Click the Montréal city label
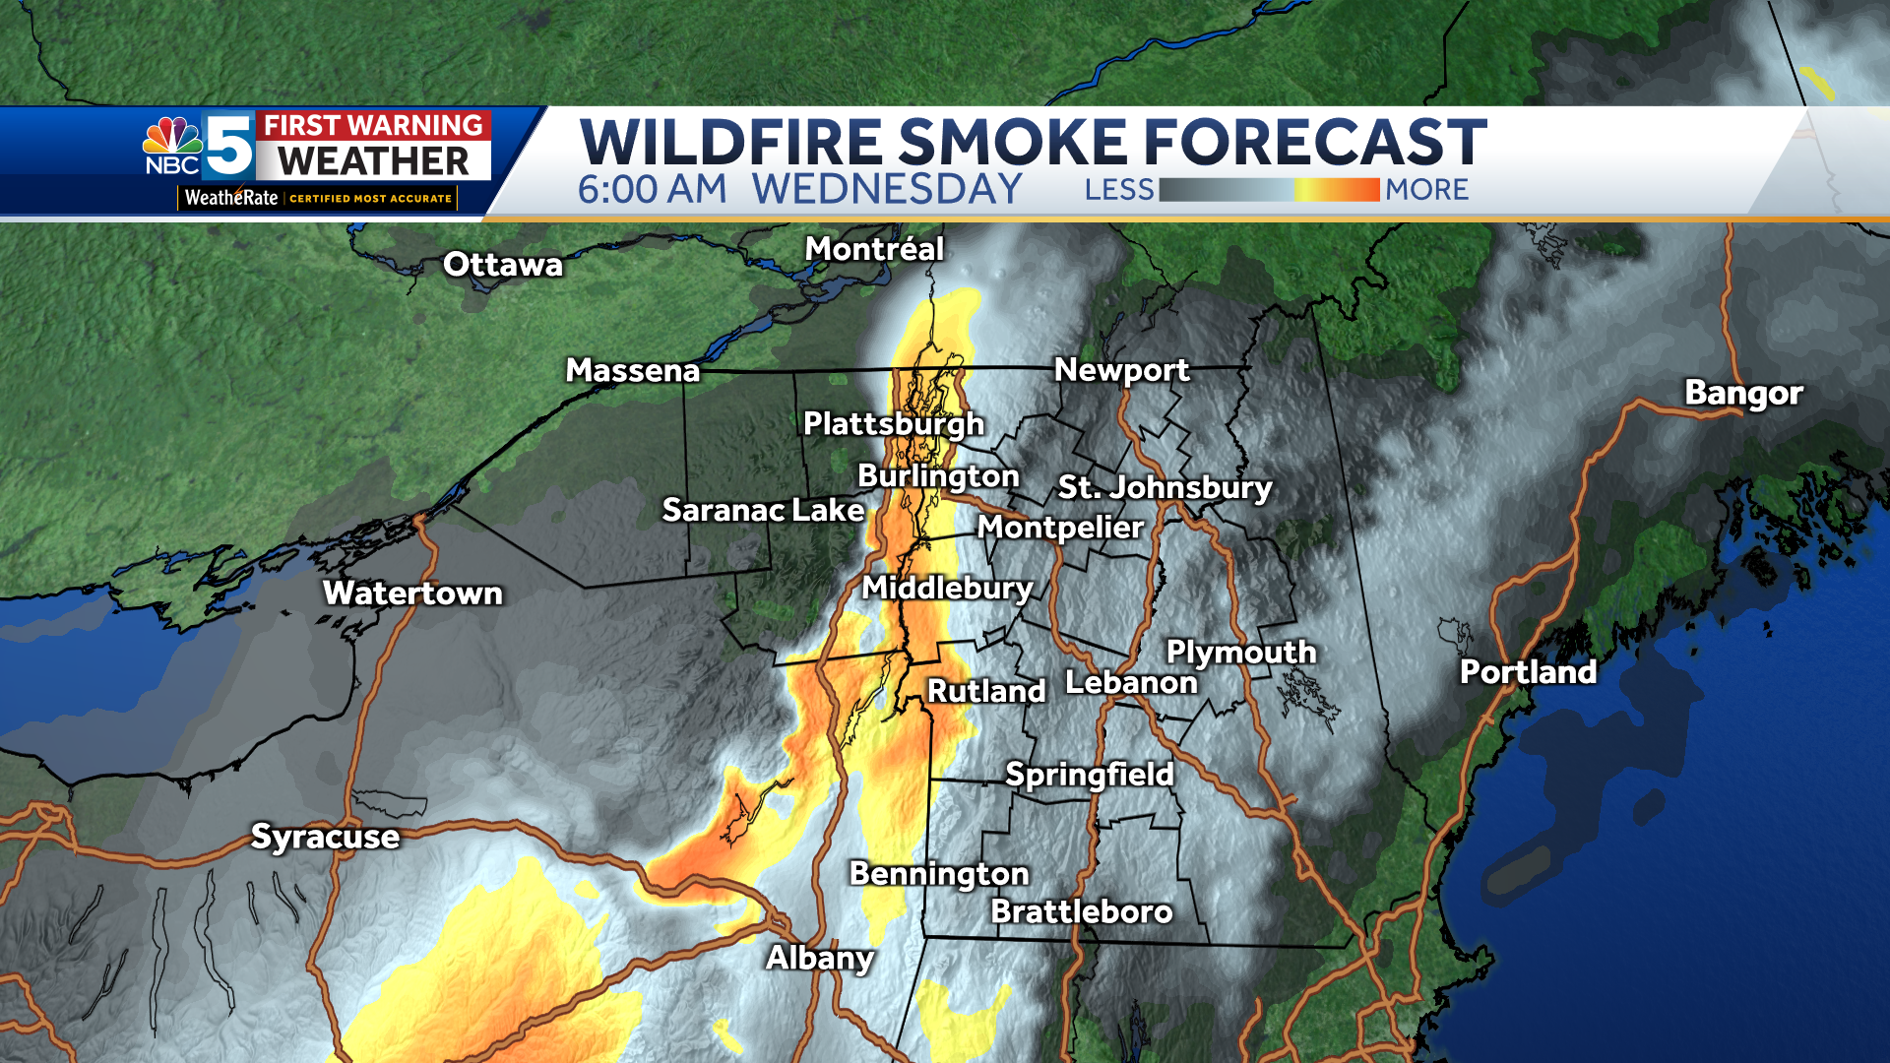[874, 249]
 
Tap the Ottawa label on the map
[502, 264]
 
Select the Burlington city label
[938, 475]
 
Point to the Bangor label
[1743, 393]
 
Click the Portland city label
[1528, 671]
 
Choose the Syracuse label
[325, 836]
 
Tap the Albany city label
[820, 957]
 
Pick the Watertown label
[412, 593]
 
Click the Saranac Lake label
[763, 510]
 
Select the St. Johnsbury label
[1165, 487]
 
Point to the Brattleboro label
[1081, 911]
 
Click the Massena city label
[632, 370]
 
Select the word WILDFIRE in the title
[730, 143]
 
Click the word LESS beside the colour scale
[1118, 190]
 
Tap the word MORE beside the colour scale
[1426, 190]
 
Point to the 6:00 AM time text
[652, 190]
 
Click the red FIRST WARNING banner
[373, 125]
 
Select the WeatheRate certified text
[317, 198]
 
